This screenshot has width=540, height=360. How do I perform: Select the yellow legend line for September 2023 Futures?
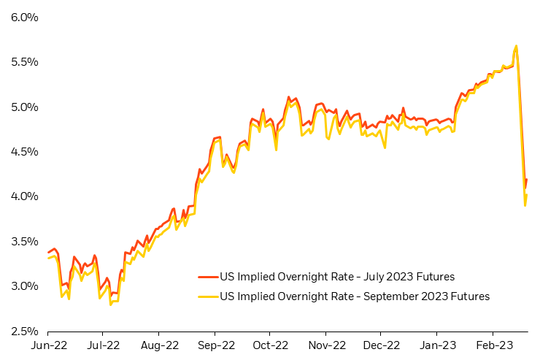tap(207, 296)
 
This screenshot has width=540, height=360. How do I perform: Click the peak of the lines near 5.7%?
tap(517, 46)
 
